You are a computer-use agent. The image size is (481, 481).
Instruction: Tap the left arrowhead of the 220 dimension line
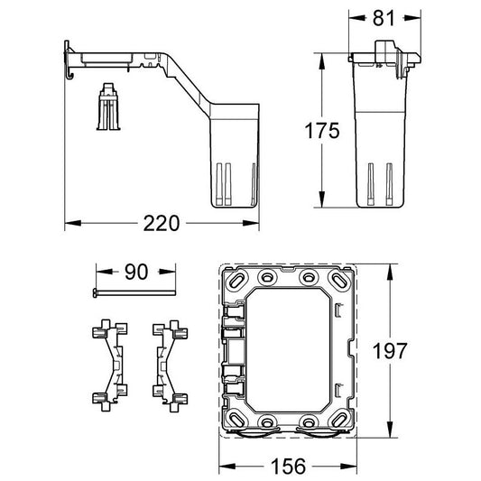tap(70, 222)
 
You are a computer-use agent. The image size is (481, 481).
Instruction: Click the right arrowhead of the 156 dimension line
tap(354, 465)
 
